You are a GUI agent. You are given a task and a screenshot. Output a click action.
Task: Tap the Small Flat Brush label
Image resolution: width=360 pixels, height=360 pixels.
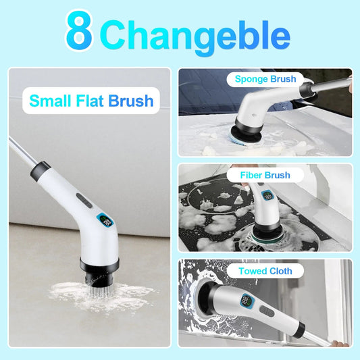(91, 101)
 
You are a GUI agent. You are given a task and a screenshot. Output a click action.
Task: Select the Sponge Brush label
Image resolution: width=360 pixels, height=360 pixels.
(265, 79)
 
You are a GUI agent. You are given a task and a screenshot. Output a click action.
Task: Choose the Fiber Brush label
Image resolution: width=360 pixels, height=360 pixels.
(265, 175)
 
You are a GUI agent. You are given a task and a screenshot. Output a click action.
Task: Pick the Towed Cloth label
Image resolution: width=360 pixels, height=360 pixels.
(265, 272)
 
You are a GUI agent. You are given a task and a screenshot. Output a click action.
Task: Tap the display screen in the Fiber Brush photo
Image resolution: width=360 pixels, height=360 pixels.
(269, 197)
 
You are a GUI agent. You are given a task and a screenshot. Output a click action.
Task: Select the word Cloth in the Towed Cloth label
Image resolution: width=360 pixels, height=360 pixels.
(281, 272)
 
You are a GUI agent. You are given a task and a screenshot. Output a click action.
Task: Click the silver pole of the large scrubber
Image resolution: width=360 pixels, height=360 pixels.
(20, 150)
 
